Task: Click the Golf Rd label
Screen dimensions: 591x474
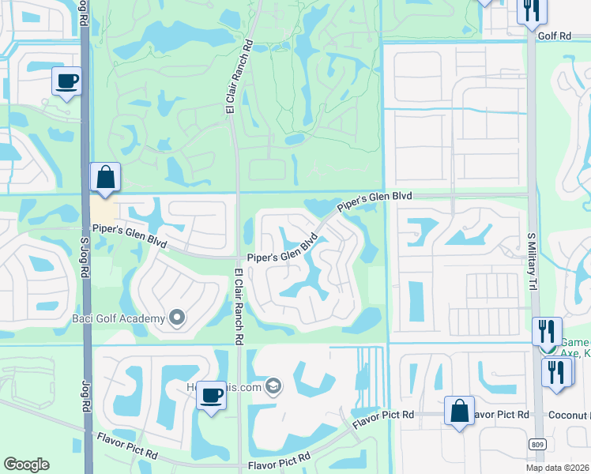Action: [555, 36]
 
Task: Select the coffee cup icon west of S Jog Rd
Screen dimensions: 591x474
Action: [67, 80]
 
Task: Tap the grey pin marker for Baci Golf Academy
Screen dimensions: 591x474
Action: [177, 318]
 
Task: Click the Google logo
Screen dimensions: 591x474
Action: [26, 465]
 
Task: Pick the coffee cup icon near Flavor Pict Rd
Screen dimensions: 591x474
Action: [211, 394]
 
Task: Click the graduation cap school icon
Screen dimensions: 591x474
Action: [273, 386]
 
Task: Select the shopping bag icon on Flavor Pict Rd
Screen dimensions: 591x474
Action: [459, 411]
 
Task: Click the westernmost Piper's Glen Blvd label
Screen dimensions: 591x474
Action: [130, 235]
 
